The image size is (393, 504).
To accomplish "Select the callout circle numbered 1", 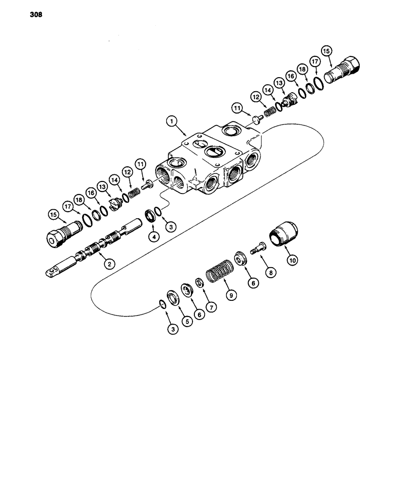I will coord(172,121).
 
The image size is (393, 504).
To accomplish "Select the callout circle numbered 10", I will coord(292,260).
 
